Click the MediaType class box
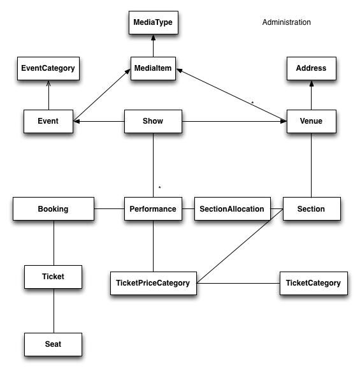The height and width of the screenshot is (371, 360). (154, 22)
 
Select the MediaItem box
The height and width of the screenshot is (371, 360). (153, 68)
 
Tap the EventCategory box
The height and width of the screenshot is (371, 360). (48, 68)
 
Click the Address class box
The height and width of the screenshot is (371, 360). (312, 68)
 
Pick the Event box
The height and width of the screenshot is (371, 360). (48, 121)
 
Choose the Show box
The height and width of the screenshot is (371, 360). (153, 121)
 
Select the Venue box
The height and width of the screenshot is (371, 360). (312, 121)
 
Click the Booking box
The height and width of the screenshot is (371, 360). (54, 208)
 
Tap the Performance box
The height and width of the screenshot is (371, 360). (153, 208)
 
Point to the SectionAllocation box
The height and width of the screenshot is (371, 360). (233, 208)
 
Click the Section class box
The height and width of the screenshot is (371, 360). (312, 208)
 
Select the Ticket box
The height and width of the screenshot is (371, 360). (54, 277)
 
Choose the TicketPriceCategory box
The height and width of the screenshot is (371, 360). (154, 283)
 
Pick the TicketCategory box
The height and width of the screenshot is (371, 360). (313, 283)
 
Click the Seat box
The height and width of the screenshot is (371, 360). (54, 344)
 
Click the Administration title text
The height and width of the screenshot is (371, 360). (287, 22)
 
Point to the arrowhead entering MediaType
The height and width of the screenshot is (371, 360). (154, 38)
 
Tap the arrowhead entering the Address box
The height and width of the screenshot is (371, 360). (312, 84)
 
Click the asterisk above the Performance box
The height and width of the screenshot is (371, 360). (160, 187)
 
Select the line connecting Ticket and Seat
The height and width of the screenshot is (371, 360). (54, 310)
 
